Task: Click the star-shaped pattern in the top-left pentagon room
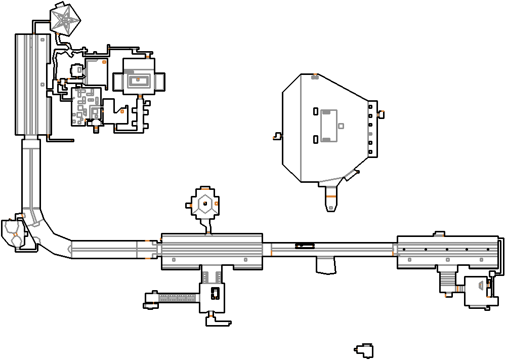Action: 66,20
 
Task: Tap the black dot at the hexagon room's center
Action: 205,204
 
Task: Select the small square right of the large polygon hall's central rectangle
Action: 341,126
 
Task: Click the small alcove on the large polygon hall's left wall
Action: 277,136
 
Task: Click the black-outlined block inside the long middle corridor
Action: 305,245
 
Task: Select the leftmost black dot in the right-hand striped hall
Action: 404,250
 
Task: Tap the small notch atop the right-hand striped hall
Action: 439,234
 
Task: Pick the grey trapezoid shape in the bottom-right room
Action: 479,286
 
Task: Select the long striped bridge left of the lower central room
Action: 177,298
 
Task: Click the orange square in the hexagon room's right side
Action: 217,203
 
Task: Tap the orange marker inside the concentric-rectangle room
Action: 138,79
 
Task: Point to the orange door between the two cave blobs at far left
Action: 16,234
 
